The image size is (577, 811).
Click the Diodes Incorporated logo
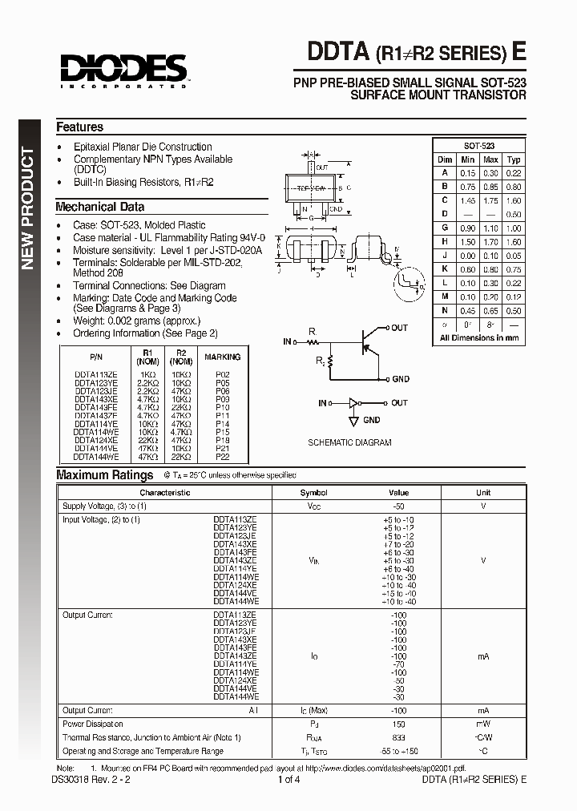(x=121, y=71)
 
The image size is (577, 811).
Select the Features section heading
(x=79, y=127)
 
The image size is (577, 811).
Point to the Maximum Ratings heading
(x=104, y=475)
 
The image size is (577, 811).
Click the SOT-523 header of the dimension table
(x=479, y=146)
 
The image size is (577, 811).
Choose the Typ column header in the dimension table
(x=514, y=160)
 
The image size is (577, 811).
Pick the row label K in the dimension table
(x=445, y=270)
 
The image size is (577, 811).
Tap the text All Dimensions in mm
(x=479, y=338)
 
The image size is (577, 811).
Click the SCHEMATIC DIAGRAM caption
(x=349, y=442)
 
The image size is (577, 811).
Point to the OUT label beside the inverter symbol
(x=399, y=403)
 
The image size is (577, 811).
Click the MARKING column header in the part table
(x=222, y=357)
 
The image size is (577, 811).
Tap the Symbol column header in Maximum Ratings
(x=314, y=493)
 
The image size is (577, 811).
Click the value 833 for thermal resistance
(x=398, y=737)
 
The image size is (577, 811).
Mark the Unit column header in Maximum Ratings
(x=483, y=493)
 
